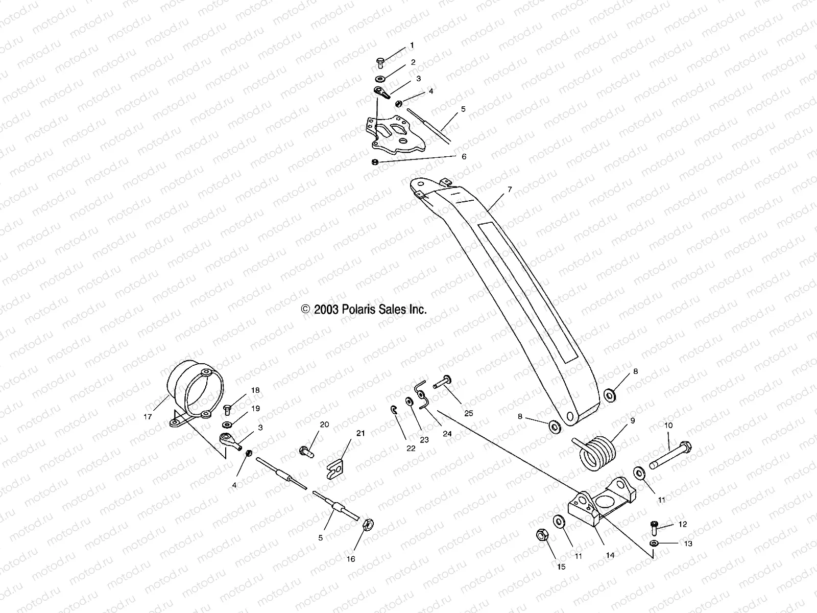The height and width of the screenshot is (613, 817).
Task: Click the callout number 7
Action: (x=509, y=190)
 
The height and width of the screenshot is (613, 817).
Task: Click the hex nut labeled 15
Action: (x=542, y=536)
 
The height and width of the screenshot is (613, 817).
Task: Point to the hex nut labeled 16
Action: (x=368, y=525)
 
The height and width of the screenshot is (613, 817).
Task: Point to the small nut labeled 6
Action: (x=375, y=162)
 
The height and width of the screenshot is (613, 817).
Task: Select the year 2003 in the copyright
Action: (x=327, y=309)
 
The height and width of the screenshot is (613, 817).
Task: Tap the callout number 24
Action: (x=447, y=434)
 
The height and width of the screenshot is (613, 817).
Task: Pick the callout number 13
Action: (x=688, y=544)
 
